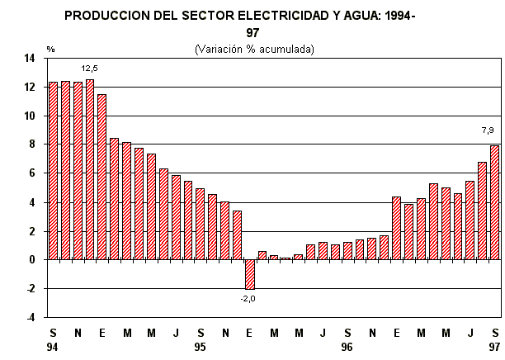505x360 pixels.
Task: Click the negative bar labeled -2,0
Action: point(249,273)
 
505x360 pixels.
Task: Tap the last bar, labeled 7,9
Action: point(494,202)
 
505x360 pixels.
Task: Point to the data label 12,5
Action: point(90,68)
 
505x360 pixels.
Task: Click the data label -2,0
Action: point(248,299)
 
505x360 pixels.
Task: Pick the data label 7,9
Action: point(488,130)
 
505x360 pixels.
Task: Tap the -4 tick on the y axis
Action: point(29,317)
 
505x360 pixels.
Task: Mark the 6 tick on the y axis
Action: point(31,173)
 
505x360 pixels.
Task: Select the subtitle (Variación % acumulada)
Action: point(254,49)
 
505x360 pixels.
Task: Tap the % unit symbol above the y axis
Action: point(50,50)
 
